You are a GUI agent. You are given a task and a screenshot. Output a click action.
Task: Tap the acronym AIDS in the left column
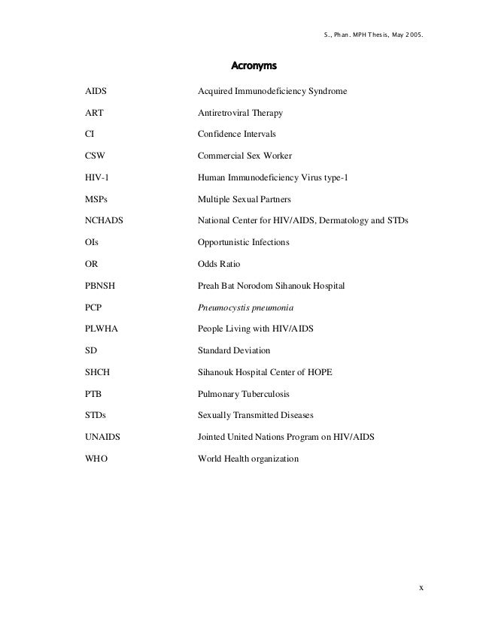pyautogui.click(x=96, y=91)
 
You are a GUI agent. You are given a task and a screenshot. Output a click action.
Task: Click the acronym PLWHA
pyautogui.click(x=100, y=329)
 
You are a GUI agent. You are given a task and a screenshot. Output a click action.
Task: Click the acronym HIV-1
pyautogui.click(x=98, y=177)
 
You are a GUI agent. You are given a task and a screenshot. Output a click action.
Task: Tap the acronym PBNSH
pyautogui.click(x=100, y=286)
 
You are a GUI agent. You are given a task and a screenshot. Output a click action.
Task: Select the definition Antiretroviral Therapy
pyautogui.click(x=240, y=113)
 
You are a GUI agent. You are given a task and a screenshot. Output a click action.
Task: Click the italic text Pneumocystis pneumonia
pyautogui.click(x=245, y=307)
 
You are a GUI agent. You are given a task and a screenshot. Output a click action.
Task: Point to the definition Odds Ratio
pyautogui.click(x=221, y=265)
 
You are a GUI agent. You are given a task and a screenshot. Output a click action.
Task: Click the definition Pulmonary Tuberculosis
pyautogui.click(x=243, y=394)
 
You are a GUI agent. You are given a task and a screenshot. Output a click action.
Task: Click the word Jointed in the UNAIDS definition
pyautogui.click(x=213, y=438)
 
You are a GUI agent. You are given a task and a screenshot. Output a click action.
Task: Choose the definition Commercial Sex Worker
pyautogui.click(x=245, y=156)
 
